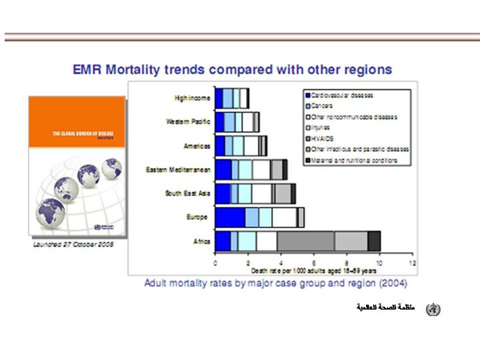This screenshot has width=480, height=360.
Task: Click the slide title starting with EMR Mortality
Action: [231, 69]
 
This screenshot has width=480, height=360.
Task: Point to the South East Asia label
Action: [188, 193]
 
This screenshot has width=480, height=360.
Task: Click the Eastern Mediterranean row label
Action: [179, 170]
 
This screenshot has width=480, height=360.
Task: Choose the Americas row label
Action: [197, 145]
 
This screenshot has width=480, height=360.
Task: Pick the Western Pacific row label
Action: [189, 122]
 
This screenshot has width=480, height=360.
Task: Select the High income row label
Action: [193, 99]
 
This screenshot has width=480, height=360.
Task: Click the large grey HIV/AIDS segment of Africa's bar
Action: [305, 241]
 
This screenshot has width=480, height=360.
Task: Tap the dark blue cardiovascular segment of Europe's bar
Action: [230, 217]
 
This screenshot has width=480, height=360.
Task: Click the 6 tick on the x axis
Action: [314, 263]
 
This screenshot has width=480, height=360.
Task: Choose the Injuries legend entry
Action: [321, 127]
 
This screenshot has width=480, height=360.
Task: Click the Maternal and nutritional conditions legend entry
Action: [353, 160]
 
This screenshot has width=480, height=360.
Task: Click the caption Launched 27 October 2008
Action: [73, 245]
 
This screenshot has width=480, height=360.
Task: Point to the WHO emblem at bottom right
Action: [433, 309]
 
